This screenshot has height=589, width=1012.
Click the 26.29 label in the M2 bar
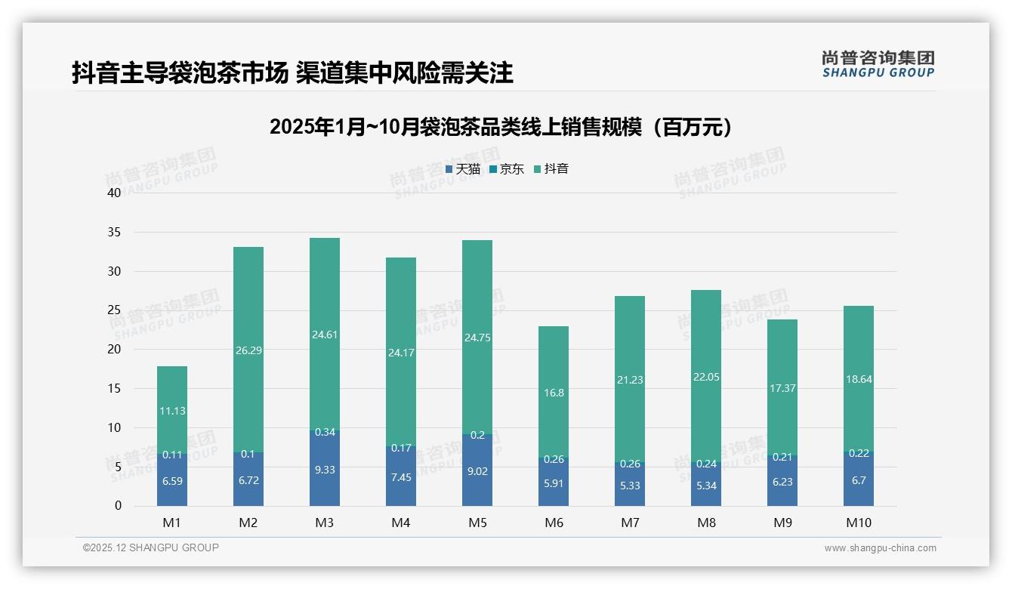coord(248,350)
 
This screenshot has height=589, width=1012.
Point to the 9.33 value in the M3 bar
coord(325,470)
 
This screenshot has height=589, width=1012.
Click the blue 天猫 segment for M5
coord(477,472)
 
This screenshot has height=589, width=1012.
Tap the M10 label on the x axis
coord(859,523)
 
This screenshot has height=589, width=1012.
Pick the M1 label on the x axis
coord(172,523)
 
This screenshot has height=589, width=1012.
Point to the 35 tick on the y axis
coord(114,232)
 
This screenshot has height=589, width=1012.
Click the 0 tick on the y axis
coord(118,506)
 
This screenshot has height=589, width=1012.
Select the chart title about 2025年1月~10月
coord(501,127)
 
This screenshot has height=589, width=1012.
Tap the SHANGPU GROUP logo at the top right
coord(878,63)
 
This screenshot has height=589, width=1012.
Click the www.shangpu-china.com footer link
coord(880,548)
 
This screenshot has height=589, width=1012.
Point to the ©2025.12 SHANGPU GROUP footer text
coord(151,547)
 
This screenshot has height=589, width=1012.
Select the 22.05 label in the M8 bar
coord(706,377)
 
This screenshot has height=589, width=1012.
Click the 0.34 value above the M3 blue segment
coord(325,432)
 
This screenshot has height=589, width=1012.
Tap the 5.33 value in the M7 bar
coord(630,486)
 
